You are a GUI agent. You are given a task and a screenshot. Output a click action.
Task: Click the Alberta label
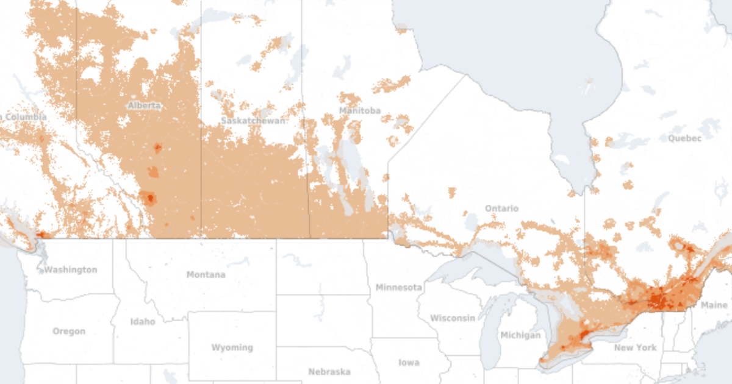pos(145,105)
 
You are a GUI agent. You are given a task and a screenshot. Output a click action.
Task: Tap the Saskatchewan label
pos(254,121)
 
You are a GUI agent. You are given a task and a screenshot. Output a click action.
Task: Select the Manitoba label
pos(360,111)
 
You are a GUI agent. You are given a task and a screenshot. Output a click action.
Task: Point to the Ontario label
pos(501,208)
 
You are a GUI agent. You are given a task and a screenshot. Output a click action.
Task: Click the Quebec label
pos(684,138)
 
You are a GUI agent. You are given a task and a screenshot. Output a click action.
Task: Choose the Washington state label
pos(71,269)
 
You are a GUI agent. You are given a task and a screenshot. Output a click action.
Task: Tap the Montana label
pos(206,275)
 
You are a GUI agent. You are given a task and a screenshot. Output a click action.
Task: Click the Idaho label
pos(143,321)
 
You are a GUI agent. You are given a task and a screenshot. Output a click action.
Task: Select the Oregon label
pos(69,332)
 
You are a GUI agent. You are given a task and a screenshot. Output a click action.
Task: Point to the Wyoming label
pos(232,347)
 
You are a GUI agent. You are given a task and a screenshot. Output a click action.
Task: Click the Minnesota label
pos(399,287)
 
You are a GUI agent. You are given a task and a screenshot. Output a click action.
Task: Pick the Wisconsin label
pos(453,318)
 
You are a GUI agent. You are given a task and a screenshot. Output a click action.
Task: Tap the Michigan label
pos(520,335)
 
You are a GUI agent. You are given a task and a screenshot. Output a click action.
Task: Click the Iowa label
pos(408,363)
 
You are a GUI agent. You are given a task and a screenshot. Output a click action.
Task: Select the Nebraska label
pos(329,372)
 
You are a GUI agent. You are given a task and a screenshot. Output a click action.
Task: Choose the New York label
pos(636,347)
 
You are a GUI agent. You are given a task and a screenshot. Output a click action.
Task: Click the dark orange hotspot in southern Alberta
pos(148,197)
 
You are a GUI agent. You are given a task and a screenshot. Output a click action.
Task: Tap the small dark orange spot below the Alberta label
pos(157,148)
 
